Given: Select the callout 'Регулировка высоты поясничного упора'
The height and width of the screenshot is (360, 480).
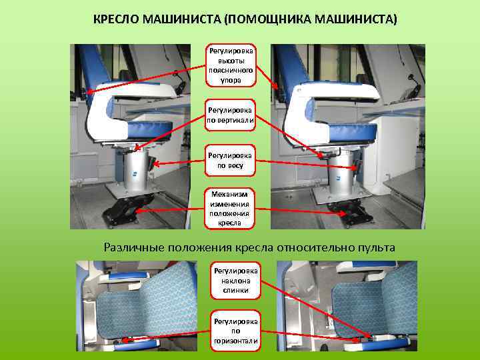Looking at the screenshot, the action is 231,65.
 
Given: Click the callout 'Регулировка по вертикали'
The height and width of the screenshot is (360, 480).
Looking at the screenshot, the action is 230,115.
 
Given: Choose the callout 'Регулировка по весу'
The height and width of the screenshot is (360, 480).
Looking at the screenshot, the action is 230,161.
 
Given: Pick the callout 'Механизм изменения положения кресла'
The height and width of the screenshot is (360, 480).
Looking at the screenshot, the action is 229,209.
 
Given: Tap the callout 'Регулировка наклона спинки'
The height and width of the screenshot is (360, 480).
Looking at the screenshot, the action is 235,281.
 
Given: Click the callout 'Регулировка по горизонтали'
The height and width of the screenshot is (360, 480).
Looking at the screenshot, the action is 235,331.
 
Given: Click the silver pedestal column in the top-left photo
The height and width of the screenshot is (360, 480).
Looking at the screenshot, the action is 135,170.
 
